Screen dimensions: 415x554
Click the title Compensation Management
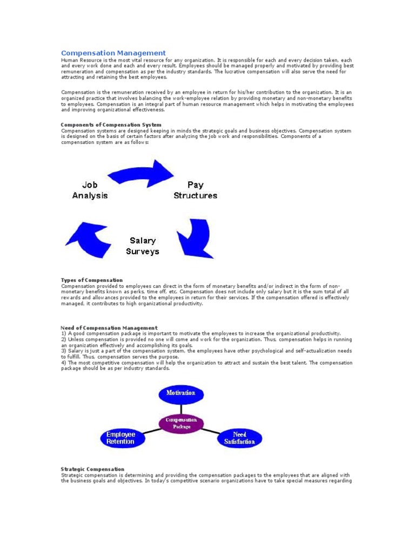113,52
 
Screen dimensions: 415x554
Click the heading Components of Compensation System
111,125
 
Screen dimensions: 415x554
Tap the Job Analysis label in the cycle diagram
90,190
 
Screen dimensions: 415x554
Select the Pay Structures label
195,190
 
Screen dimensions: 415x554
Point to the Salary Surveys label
143,246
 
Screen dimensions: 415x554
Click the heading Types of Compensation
92,280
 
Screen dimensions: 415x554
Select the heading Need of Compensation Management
109,328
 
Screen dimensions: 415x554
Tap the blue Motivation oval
180,393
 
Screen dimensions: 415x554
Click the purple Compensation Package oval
182,423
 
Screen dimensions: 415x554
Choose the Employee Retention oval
121,438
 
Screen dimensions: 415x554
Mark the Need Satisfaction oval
239,438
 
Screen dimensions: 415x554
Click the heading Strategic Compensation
93,469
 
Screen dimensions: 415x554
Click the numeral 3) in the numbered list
64,351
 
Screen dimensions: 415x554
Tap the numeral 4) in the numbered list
64,362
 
